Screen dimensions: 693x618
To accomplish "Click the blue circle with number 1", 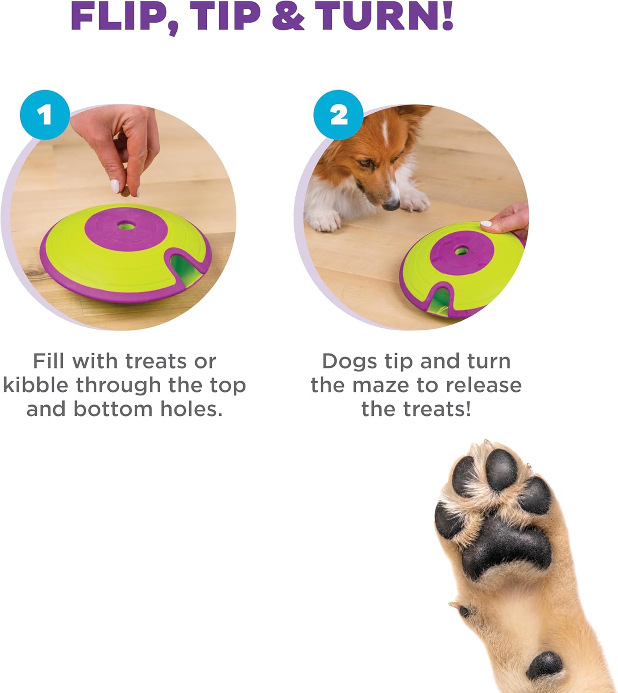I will click(x=45, y=115).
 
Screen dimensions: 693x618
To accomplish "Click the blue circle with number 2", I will click(x=338, y=115).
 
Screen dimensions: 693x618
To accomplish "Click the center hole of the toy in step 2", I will click(x=461, y=251).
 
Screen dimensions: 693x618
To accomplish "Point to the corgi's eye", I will click(x=365, y=163).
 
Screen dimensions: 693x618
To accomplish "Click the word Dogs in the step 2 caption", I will click(x=349, y=361).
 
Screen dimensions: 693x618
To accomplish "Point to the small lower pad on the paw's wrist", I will click(x=545, y=665).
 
